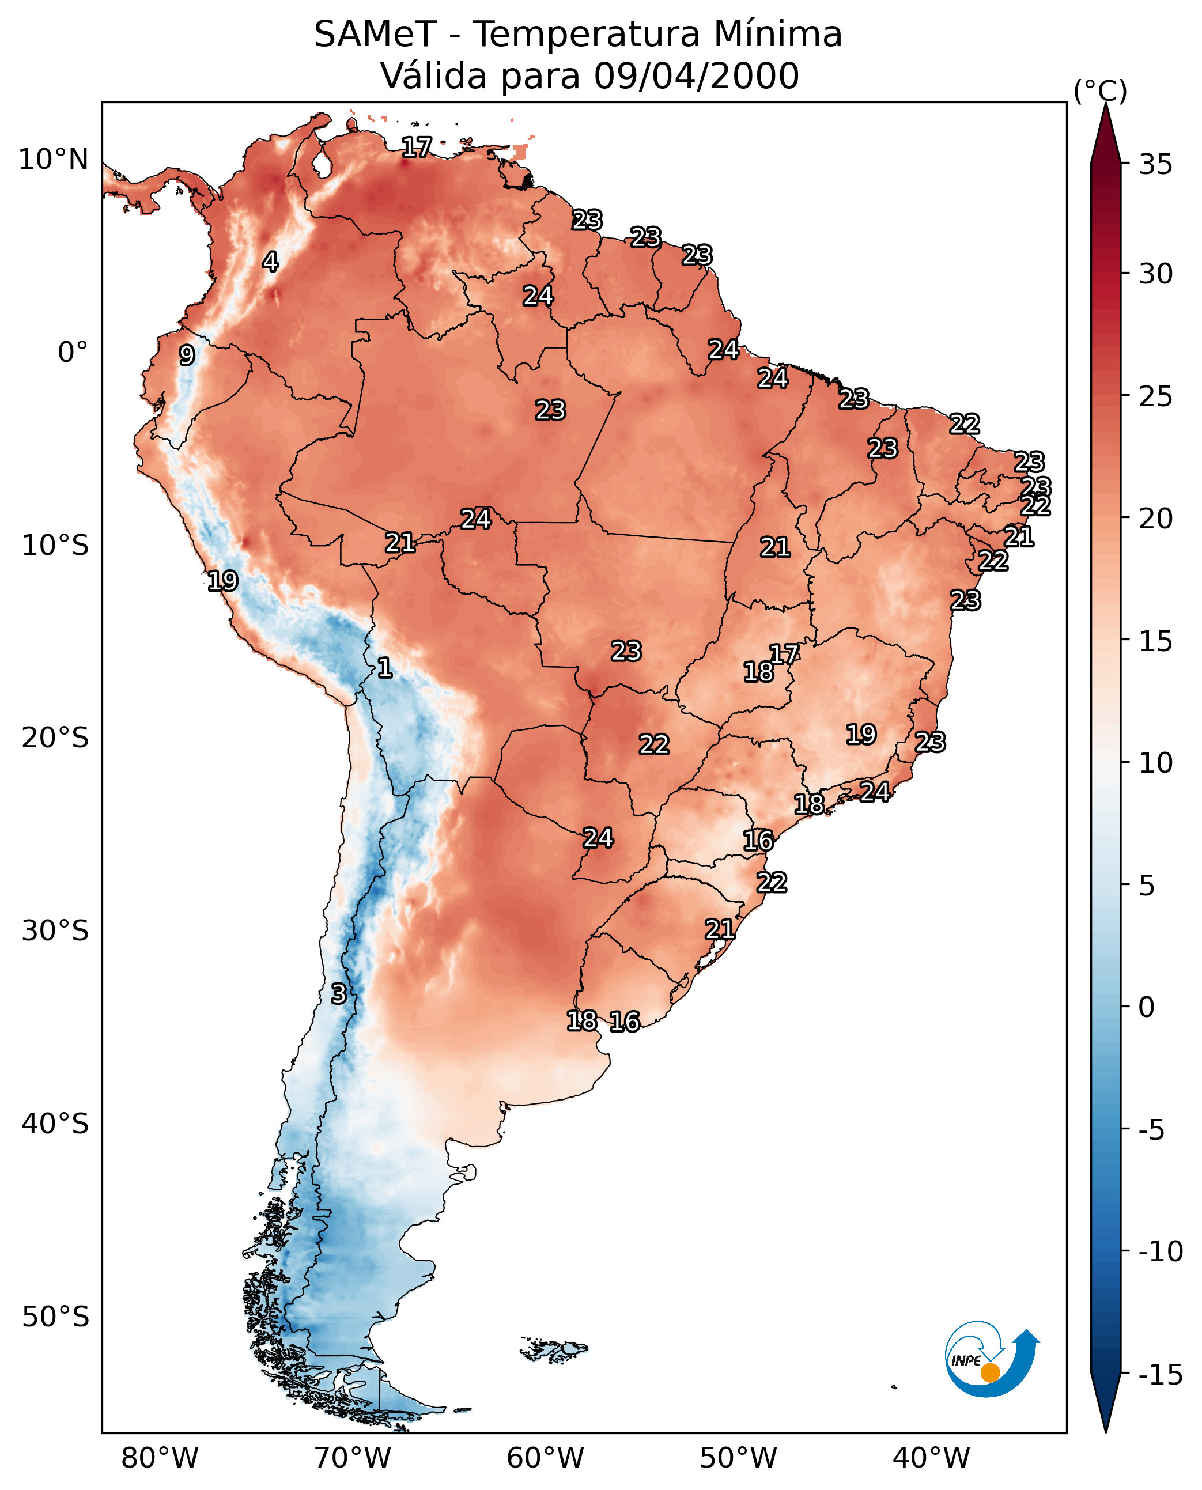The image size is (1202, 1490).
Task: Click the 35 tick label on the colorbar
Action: click(x=1155, y=165)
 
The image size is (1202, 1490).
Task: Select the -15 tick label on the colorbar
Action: click(x=1160, y=1374)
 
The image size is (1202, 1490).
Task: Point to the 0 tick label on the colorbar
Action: click(x=1147, y=1007)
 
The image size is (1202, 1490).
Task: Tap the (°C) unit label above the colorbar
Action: click(x=1099, y=90)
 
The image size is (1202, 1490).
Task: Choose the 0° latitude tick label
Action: click(x=73, y=353)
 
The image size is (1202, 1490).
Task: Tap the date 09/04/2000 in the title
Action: click(x=696, y=76)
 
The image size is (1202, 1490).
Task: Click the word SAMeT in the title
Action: click(x=375, y=35)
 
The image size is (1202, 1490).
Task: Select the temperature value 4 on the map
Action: click(x=270, y=262)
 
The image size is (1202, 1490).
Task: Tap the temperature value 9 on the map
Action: click(x=187, y=355)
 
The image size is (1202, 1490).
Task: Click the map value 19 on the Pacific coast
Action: click(x=223, y=580)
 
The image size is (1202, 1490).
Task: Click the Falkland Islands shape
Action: click(x=554, y=1349)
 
